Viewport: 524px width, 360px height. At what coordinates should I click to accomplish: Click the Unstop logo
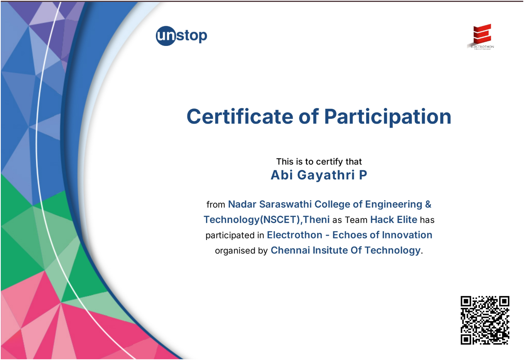(181, 36)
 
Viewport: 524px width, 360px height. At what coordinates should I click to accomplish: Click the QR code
(485, 320)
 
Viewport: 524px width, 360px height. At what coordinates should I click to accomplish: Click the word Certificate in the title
(240, 117)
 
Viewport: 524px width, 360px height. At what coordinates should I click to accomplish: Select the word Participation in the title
(387, 117)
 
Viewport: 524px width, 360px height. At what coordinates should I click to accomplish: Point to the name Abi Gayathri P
(319, 175)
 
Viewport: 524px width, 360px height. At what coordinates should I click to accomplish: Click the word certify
(330, 162)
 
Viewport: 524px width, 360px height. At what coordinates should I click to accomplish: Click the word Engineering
(394, 204)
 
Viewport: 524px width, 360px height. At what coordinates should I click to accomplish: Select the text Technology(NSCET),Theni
(267, 220)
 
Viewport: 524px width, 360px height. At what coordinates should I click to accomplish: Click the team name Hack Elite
(394, 220)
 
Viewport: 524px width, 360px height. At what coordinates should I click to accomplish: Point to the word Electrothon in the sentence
(294, 235)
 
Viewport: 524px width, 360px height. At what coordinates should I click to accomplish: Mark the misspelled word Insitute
(330, 250)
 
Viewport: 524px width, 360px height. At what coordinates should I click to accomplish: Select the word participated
(230, 235)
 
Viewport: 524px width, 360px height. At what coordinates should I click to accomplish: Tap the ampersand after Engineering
(428, 204)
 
